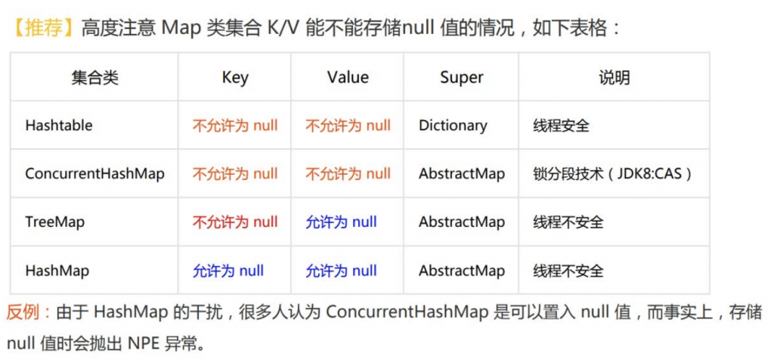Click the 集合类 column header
click(x=94, y=78)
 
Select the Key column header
click(x=235, y=78)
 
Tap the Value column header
click(x=348, y=77)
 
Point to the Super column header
click(x=462, y=78)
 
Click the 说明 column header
click(x=614, y=78)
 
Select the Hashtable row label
click(x=59, y=125)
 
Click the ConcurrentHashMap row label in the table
click(x=94, y=174)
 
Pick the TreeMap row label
click(x=54, y=222)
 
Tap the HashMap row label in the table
click(x=57, y=271)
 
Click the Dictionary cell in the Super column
click(x=454, y=126)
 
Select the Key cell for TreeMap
click(x=235, y=222)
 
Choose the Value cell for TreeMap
click(x=341, y=222)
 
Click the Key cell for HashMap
click(x=228, y=271)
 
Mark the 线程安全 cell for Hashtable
click(x=562, y=126)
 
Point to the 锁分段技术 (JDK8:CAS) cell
click(x=612, y=174)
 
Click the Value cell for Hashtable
click(x=348, y=126)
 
